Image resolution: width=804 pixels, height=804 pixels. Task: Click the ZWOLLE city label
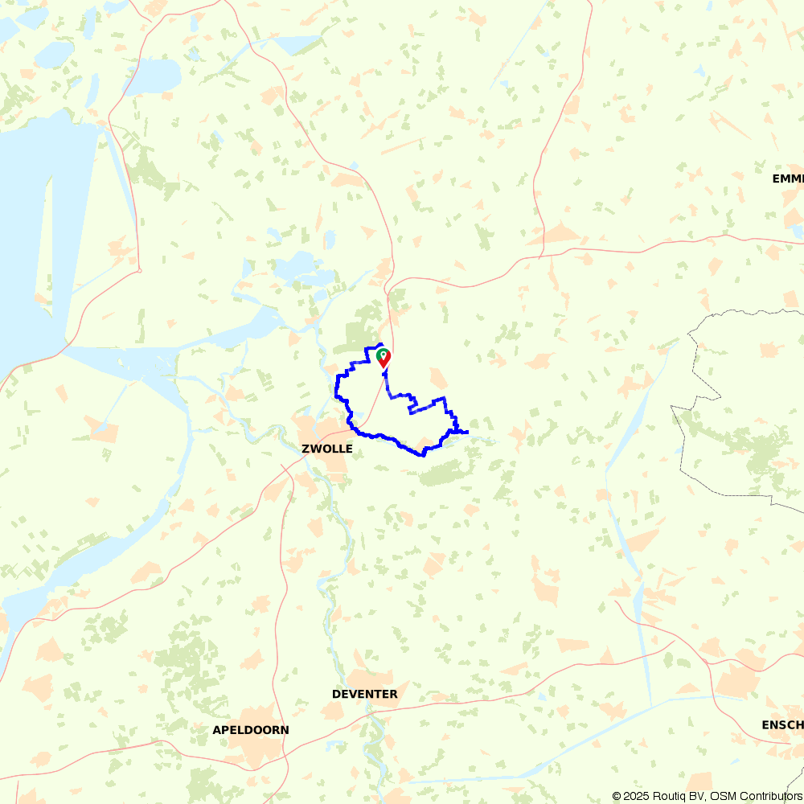tap(327, 449)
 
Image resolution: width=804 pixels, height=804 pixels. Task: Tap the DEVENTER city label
tap(364, 694)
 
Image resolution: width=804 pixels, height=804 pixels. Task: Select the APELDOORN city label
tap(250, 730)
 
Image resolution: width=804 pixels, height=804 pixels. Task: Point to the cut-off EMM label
tap(787, 178)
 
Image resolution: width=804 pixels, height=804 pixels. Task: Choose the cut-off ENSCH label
tap(781, 725)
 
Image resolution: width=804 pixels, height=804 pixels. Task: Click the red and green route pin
tap(384, 357)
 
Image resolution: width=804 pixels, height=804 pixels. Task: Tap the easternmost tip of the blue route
tap(467, 433)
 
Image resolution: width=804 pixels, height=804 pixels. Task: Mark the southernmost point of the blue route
tap(423, 455)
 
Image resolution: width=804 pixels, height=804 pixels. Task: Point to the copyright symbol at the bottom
tap(617, 796)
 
